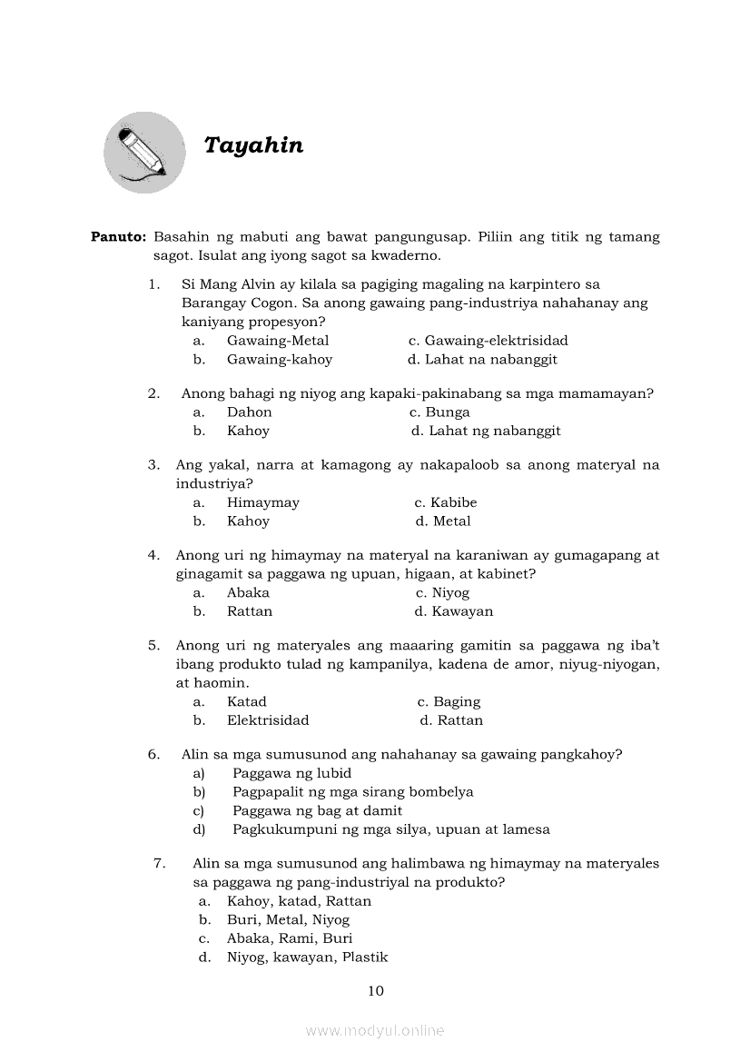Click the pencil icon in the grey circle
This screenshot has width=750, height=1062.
[x=144, y=153]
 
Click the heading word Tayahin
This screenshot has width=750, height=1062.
[x=253, y=145]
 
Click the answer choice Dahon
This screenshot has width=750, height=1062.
[x=249, y=412]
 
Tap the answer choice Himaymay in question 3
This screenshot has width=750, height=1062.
[x=262, y=502]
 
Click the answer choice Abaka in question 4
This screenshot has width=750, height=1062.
[x=248, y=592]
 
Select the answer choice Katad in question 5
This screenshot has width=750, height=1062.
[x=247, y=701]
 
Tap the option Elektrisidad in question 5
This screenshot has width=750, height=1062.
[x=268, y=720]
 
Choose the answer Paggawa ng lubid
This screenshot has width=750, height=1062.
[x=291, y=773]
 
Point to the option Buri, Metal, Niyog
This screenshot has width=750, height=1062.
[x=288, y=919]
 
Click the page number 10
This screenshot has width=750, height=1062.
[x=376, y=990]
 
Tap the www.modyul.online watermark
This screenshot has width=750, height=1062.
[x=375, y=1031]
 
